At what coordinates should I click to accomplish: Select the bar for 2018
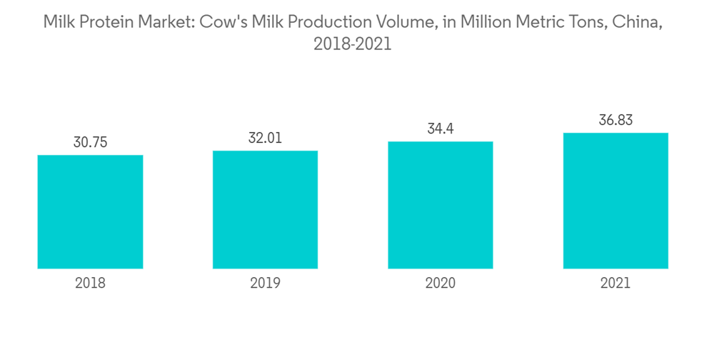point(90,212)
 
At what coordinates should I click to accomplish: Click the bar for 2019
point(265,210)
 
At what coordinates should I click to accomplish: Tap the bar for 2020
point(441,205)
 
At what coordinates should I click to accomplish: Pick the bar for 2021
point(615,201)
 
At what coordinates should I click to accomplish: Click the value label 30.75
point(90,143)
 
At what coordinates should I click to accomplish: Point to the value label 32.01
point(265,138)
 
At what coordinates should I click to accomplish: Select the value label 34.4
point(441,129)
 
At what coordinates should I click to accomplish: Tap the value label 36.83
point(615,121)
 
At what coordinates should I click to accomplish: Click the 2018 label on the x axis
point(90,284)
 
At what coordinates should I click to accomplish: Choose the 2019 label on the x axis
point(265,284)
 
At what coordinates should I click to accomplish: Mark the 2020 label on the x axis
point(441,284)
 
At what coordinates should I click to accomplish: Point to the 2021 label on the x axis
point(615,284)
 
